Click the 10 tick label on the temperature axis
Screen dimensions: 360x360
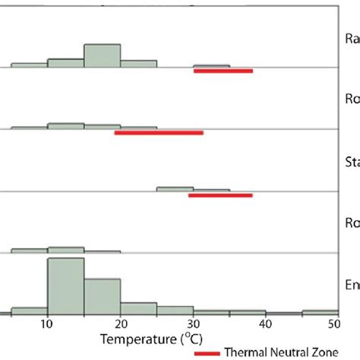coord(47,324)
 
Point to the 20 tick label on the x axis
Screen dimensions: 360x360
coord(120,324)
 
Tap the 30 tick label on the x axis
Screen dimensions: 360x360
coord(193,324)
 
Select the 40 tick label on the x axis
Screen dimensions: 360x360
coord(266,324)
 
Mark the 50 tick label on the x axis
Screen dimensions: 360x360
coord(334,324)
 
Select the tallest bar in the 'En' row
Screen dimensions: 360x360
coord(65,286)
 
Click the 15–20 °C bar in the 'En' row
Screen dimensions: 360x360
coord(102,295)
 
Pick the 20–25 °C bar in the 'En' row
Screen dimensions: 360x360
coord(138,308)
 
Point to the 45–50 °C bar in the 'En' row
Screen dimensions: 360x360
coord(320,311)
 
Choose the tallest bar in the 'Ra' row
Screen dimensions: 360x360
coord(102,55)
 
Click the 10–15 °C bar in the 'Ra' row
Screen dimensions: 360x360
coord(65,62)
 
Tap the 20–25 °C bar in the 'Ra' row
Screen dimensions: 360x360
coord(138,63)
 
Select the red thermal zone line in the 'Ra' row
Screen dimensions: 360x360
coord(223,71)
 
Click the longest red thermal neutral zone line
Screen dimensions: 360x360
coord(159,132)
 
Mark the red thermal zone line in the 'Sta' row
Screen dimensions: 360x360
coord(220,195)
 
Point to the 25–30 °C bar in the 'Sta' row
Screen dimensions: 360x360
coord(175,188)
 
